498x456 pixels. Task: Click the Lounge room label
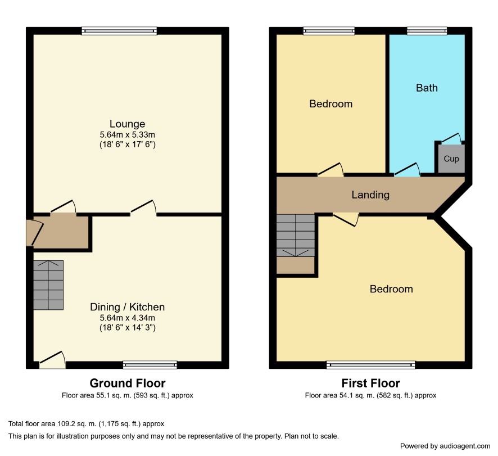click(128, 124)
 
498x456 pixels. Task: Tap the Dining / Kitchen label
click(128, 307)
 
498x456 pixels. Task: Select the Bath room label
click(427, 88)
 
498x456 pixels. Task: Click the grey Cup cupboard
click(451, 159)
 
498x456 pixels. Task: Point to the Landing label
click(370, 195)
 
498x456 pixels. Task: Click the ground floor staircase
click(48, 285)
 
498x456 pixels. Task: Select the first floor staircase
click(296, 236)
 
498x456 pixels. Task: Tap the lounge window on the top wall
click(119, 31)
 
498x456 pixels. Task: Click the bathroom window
click(427, 31)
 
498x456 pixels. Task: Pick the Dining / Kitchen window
click(150, 365)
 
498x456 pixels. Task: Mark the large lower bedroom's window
click(370, 365)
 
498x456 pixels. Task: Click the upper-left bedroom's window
click(329, 31)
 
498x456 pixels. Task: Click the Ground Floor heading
click(128, 383)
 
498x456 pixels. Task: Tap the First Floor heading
click(370, 383)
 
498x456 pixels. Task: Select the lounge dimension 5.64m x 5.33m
click(128, 135)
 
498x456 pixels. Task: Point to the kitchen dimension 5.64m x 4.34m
click(128, 318)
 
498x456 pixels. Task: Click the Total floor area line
click(86, 423)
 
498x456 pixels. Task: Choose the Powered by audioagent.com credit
click(445, 446)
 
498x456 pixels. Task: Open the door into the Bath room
click(408, 169)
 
